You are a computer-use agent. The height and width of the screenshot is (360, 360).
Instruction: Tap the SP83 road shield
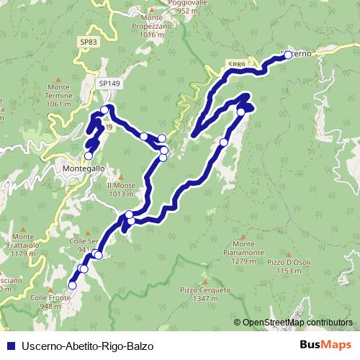coord(89,42)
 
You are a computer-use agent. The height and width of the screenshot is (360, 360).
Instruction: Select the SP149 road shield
coord(109,84)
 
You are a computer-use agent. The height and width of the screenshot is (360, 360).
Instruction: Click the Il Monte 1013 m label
coord(120,189)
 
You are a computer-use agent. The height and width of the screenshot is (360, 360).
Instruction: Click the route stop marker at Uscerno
coord(288,55)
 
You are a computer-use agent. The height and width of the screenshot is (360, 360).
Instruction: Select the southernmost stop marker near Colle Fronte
coord(72,285)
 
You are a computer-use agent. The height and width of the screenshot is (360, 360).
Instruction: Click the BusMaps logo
coord(325,345)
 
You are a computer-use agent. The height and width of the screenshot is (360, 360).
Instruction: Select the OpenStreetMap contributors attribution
coord(297,323)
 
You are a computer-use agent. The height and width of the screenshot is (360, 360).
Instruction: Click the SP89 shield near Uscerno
coord(236,66)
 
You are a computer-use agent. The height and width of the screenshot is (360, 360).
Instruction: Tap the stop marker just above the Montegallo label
coord(89,155)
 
